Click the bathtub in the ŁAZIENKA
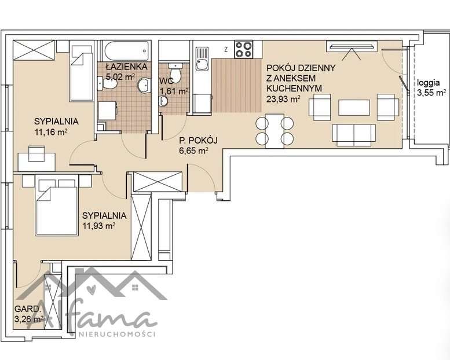click(127, 51)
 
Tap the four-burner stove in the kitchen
click(244, 49)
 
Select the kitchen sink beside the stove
click(202, 59)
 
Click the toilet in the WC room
click(175, 72)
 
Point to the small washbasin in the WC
click(164, 100)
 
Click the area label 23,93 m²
click(284, 99)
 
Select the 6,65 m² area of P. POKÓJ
click(193, 150)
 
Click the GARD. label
click(27, 308)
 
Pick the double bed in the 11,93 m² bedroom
click(57, 205)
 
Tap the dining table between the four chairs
click(275, 131)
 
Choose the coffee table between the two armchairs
click(354, 108)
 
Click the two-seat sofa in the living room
click(354, 135)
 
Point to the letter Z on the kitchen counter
click(226, 49)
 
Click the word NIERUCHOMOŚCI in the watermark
click(117, 334)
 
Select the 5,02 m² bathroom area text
click(120, 76)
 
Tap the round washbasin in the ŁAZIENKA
click(144, 85)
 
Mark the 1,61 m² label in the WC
click(174, 91)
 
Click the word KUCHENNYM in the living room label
click(294, 89)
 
